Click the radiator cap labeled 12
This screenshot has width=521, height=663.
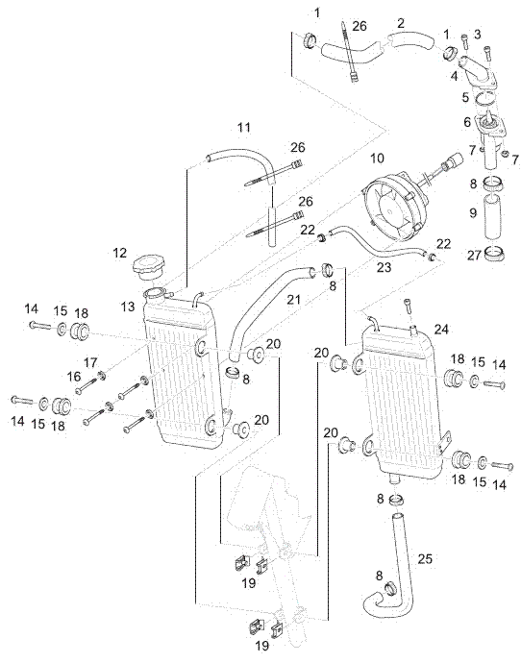point(148,269)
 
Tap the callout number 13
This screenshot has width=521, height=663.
point(128,307)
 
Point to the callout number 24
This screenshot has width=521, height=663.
point(441,329)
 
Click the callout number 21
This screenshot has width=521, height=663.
point(293,300)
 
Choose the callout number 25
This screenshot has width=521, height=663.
point(425,558)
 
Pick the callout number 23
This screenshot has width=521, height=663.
point(384,267)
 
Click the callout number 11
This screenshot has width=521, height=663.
point(244,127)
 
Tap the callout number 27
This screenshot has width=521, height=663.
point(475,255)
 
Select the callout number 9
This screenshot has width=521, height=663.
point(473,211)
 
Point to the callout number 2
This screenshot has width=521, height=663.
point(401,23)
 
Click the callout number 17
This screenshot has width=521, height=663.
point(90,362)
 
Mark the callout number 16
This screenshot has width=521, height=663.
point(74,376)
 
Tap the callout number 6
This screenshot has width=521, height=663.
point(467,122)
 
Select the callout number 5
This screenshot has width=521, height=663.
point(465,97)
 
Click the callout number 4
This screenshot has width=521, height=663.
point(454,76)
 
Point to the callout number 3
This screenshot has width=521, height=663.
point(477,35)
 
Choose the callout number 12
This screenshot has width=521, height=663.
point(120,253)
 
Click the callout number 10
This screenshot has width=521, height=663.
point(377,159)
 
